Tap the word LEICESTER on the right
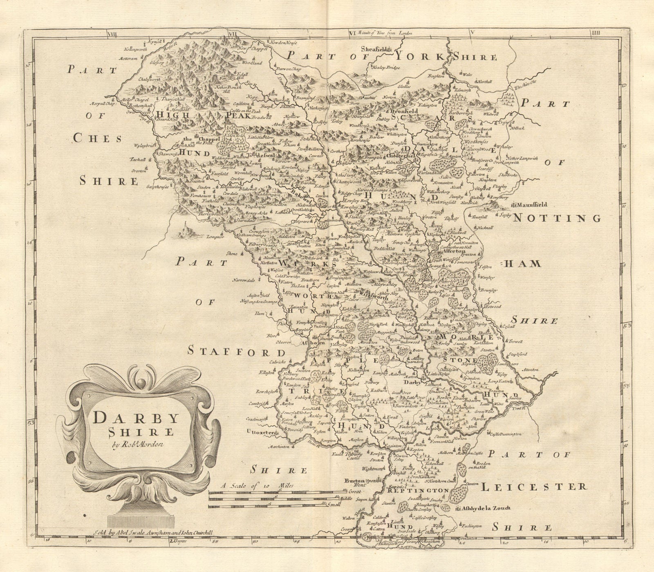point(533,487)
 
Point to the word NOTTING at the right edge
point(557,218)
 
